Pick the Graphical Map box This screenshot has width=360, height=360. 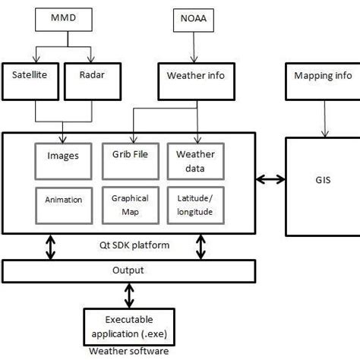coord(130,203)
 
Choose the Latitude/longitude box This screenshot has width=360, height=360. coord(194,203)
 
